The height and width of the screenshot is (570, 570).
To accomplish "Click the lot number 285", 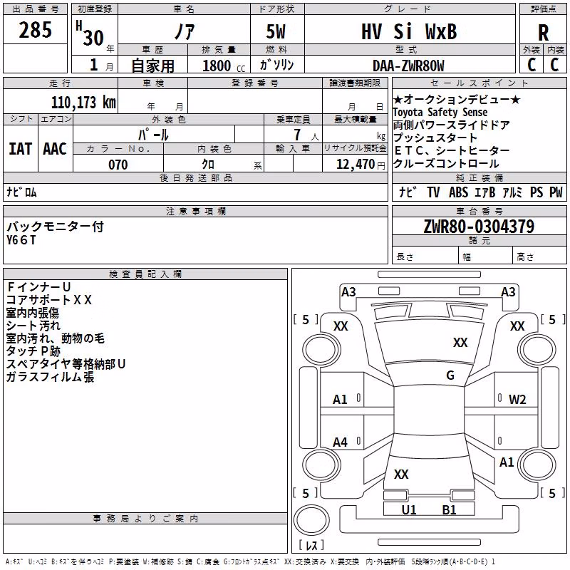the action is pyautogui.click(x=35, y=29).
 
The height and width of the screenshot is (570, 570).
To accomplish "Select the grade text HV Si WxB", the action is pyautogui.click(x=409, y=31).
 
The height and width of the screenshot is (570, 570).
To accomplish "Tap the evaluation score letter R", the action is pyautogui.click(x=543, y=33).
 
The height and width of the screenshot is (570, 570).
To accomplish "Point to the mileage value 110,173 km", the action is pyautogui.click(x=83, y=103).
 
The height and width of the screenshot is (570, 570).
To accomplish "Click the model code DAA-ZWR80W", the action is pyautogui.click(x=408, y=66).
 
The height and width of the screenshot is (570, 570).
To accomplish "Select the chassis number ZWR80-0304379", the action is pyautogui.click(x=479, y=226).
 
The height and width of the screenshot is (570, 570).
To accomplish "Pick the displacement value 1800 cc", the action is pyautogui.click(x=224, y=66).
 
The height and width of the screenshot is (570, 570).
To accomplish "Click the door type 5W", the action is pyautogui.click(x=276, y=31).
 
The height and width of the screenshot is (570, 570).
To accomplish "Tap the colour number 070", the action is pyautogui.click(x=118, y=165).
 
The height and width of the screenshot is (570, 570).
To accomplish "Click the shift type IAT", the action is pyautogui.click(x=21, y=149).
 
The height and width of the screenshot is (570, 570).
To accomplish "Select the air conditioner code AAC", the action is pyautogui.click(x=55, y=149).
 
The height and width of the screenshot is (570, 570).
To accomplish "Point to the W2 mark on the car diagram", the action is pyautogui.click(x=517, y=400).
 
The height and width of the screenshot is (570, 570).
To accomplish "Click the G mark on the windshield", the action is pyautogui.click(x=450, y=375).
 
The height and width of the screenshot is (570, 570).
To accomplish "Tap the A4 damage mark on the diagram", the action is pyautogui.click(x=340, y=442).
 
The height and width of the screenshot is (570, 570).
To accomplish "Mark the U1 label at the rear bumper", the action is pyautogui.click(x=409, y=509).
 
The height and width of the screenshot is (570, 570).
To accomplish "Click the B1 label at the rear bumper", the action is pyautogui.click(x=449, y=509).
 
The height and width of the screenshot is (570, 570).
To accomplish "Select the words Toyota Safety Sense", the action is pyautogui.click(x=440, y=113).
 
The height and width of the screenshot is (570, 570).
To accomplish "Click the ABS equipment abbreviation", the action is pyautogui.click(x=458, y=192).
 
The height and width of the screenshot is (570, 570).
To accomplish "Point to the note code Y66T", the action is pyautogui.click(x=21, y=240).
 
